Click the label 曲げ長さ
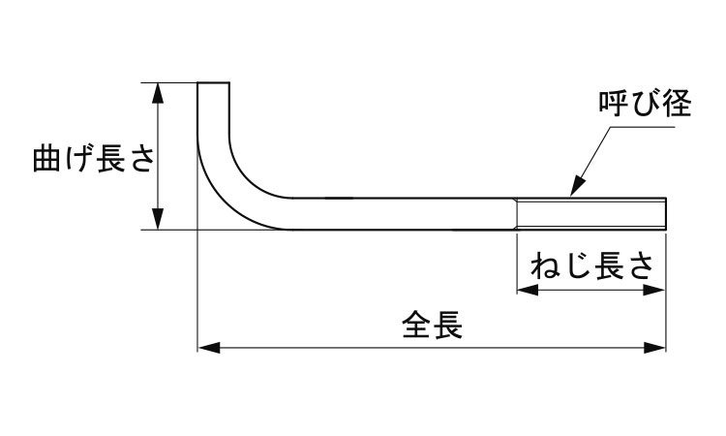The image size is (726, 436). [93, 158]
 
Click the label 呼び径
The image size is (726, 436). [644, 106]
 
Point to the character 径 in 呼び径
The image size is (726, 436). [678, 106]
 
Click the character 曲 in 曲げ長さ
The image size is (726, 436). [47, 158]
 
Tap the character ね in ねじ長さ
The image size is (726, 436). [543, 264]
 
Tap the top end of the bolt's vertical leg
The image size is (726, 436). [214, 84]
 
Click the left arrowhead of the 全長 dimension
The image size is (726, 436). [205, 346]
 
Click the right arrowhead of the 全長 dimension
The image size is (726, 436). [659, 346]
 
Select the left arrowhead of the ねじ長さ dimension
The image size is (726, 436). [523, 289]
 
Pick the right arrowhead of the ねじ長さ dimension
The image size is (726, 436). [659, 289]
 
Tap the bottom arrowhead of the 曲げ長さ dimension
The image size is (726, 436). [158, 222]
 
